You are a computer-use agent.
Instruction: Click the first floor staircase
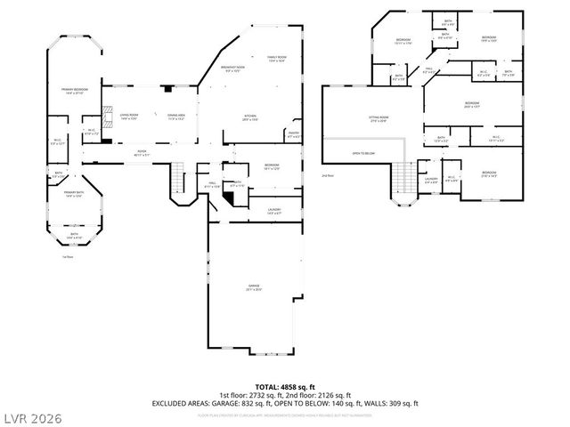[177, 179]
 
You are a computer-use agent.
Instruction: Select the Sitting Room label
[378, 119]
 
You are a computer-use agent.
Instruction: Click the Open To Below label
[362, 153]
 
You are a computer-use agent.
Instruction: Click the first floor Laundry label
[273, 211]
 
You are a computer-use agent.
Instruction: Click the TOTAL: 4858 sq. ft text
[285, 387]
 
